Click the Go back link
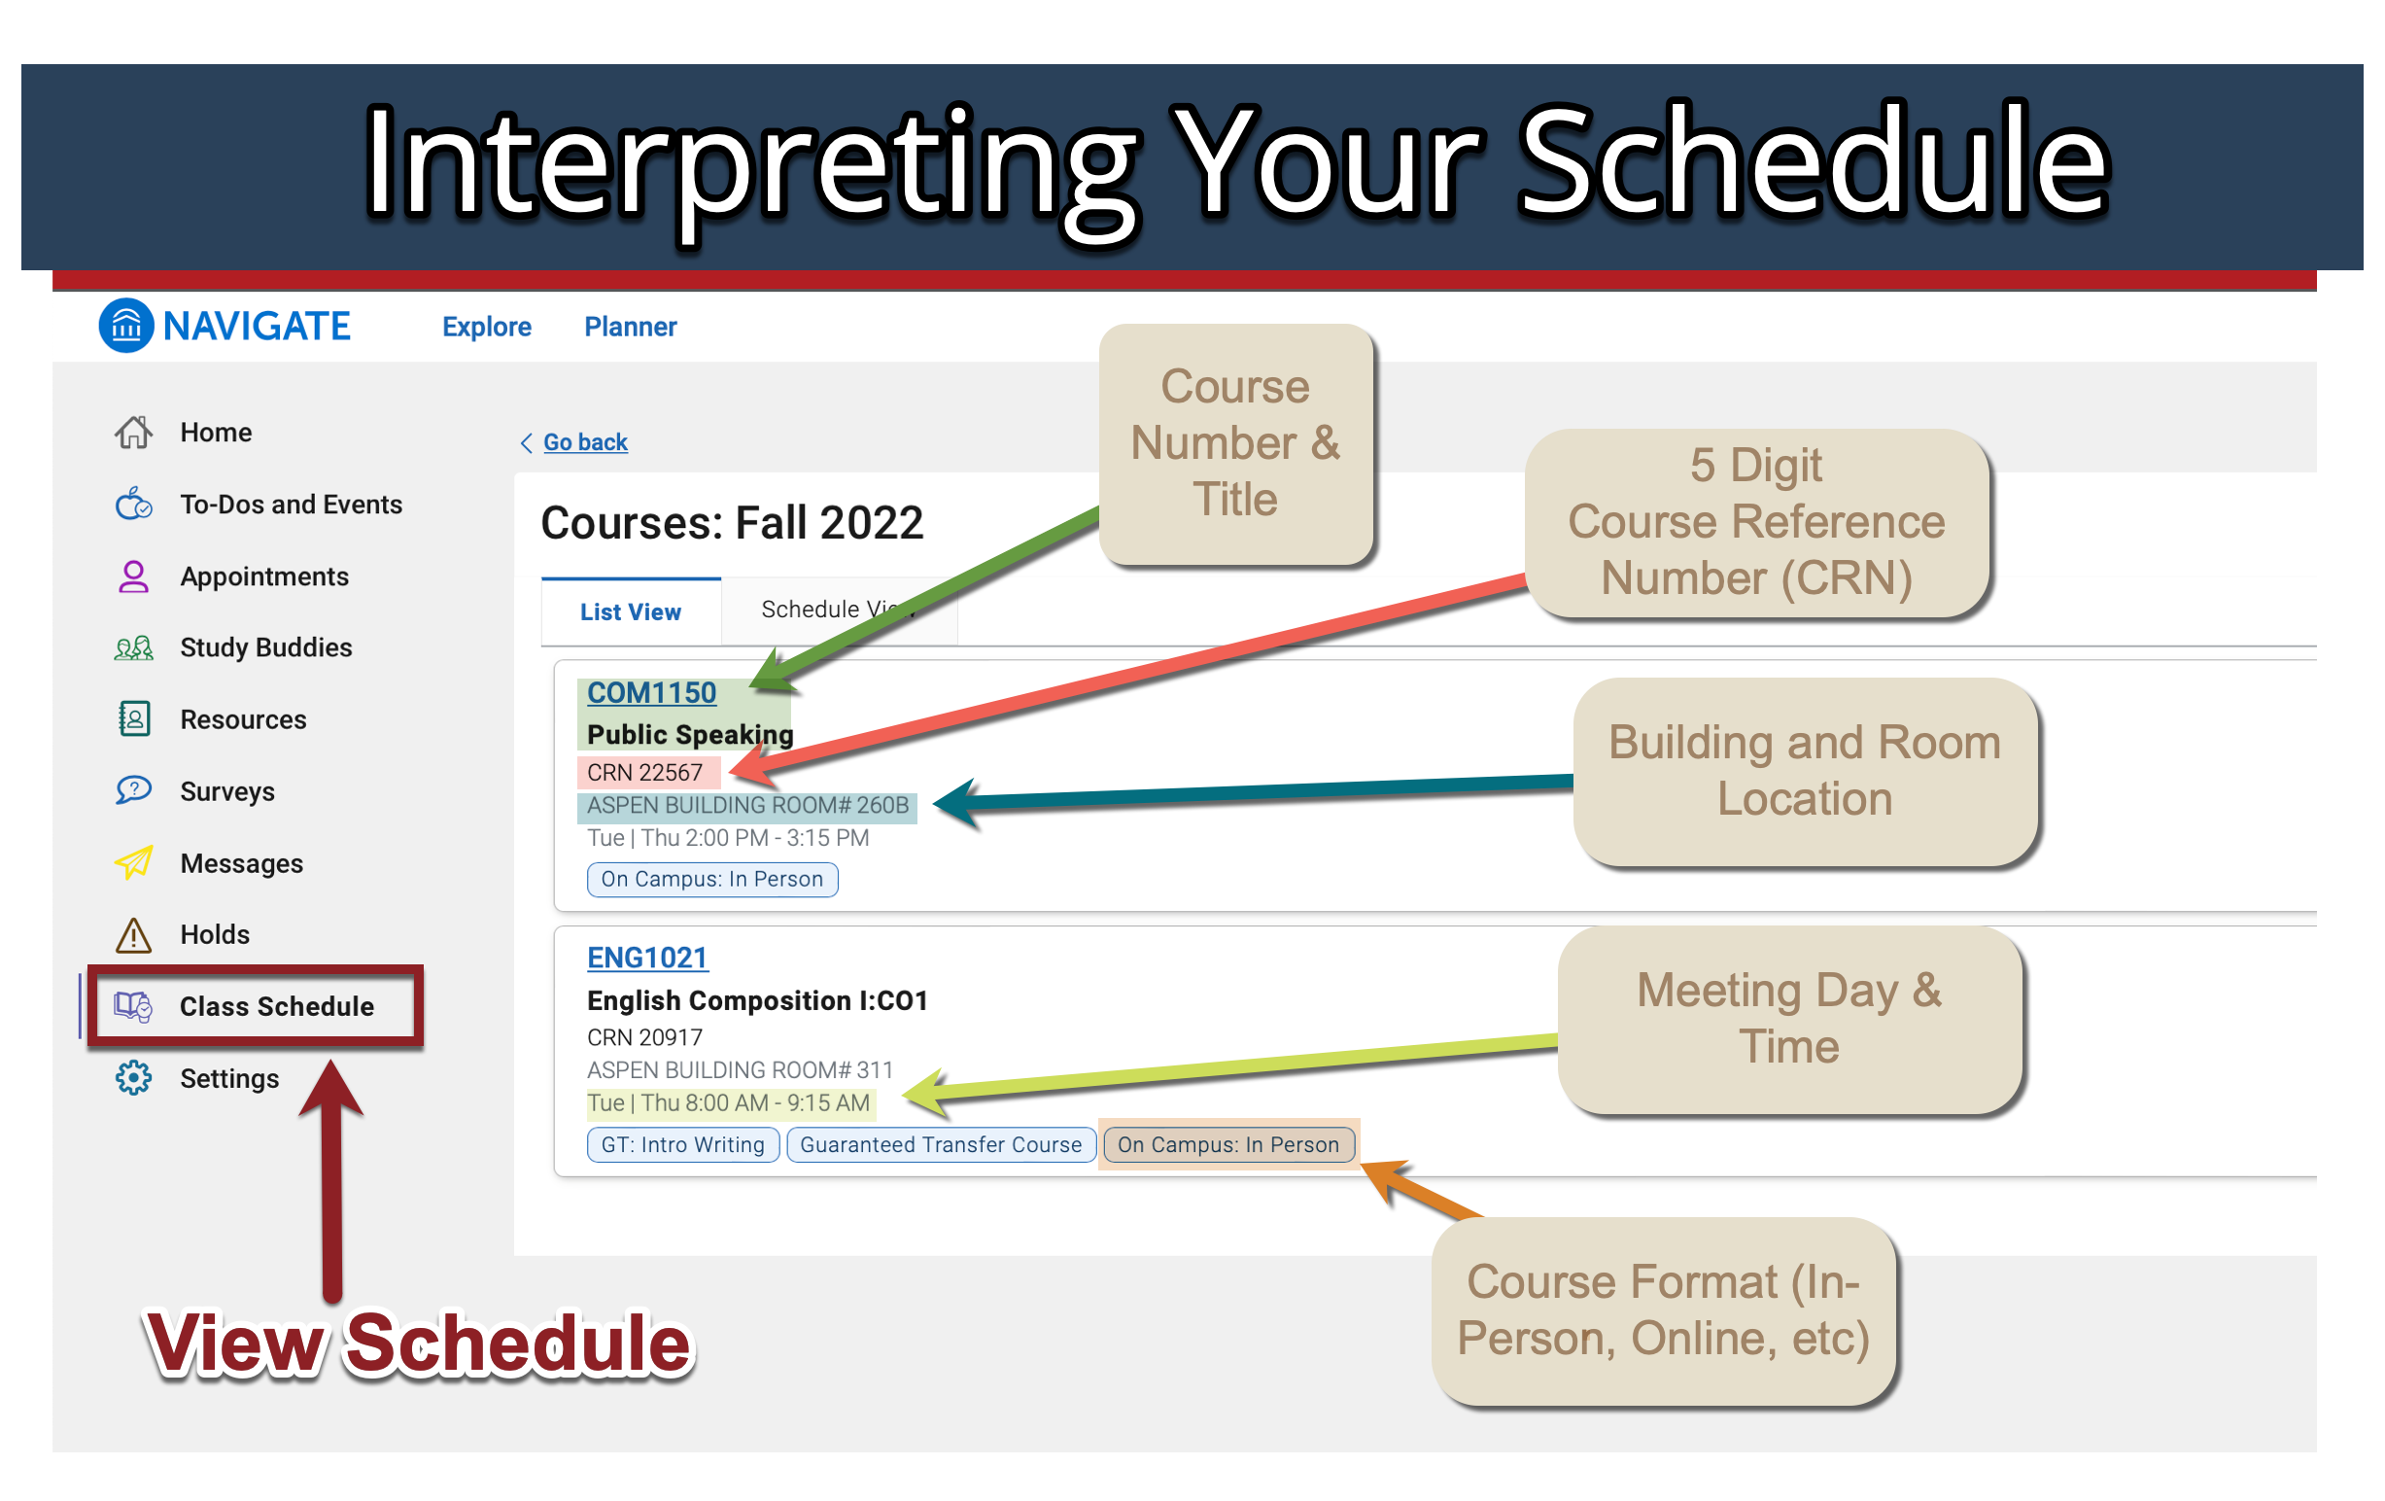[584, 442]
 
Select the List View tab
[631, 611]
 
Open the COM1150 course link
[652, 692]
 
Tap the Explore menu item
[486, 326]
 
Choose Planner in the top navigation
[630, 326]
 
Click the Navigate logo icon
[125, 325]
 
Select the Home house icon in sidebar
[134, 432]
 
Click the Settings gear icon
[134, 1078]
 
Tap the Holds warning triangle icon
[134, 934]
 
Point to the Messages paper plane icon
[134, 862]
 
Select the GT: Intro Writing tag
[683, 1144]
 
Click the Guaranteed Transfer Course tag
[941, 1144]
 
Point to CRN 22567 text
[644, 772]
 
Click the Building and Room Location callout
[1805, 771]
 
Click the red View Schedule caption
[418, 1344]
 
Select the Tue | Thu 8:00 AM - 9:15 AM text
[729, 1102]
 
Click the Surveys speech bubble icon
[134, 789]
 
